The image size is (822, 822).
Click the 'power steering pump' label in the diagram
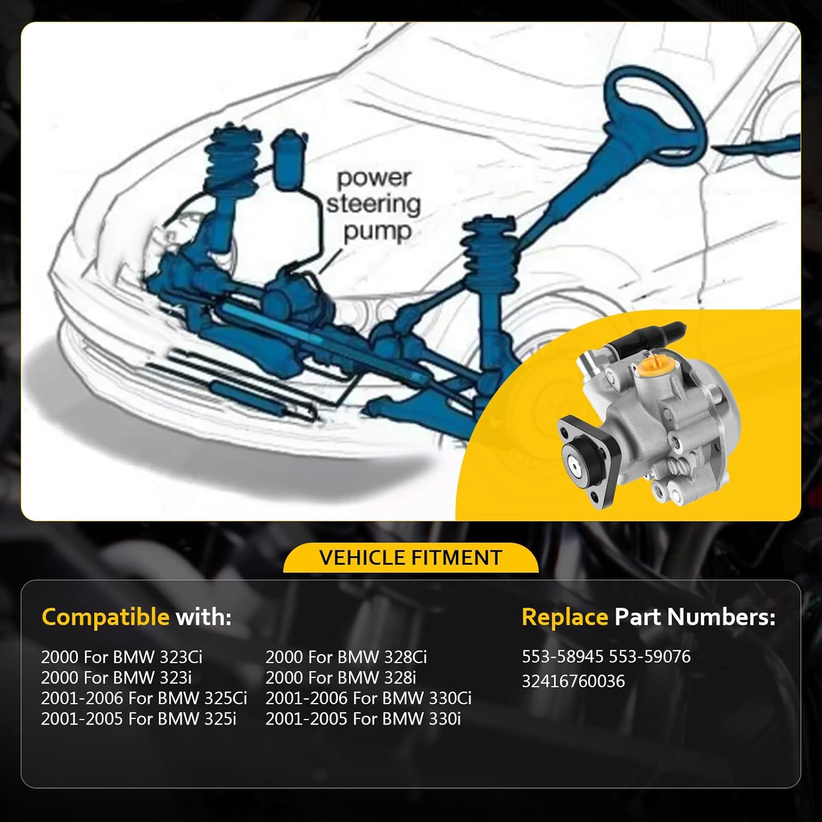[x=374, y=205]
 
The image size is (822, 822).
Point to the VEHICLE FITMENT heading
[x=410, y=558]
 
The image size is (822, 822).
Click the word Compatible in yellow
[x=105, y=617]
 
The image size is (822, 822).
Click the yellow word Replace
[x=564, y=617]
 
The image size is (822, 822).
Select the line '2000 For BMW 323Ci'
[x=122, y=657]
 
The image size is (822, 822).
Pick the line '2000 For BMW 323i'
[x=116, y=677]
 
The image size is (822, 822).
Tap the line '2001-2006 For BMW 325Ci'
[x=144, y=698]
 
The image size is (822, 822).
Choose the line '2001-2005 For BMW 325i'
[x=138, y=718]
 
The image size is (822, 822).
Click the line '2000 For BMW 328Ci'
[x=346, y=657]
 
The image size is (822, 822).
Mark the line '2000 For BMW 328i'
[x=341, y=677]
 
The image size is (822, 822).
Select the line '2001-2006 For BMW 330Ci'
[x=368, y=698]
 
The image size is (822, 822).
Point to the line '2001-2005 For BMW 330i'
[x=363, y=718]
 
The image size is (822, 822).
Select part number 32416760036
[x=573, y=681]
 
